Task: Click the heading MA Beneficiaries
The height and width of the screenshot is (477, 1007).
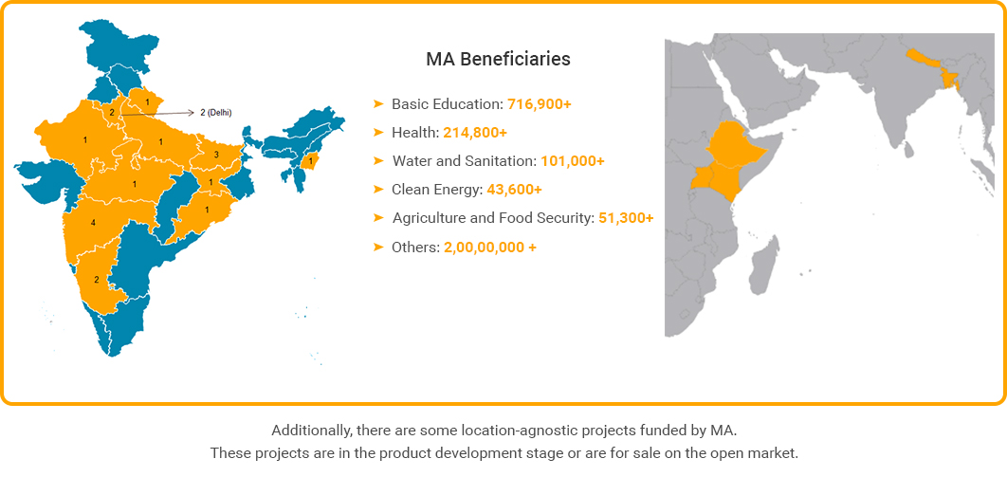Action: (x=499, y=59)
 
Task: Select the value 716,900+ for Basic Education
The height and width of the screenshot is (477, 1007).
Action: (x=539, y=104)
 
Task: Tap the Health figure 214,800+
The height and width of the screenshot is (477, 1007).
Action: (x=475, y=133)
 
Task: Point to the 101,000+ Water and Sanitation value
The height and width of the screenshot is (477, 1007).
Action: (x=573, y=161)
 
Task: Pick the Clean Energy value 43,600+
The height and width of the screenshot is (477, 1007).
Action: (x=515, y=190)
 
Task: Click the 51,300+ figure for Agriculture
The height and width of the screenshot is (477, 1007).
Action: (x=626, y=218)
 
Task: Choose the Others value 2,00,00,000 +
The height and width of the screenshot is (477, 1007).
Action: (x=490, y=248)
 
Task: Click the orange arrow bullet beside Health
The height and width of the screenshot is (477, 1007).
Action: (x=378, y=133)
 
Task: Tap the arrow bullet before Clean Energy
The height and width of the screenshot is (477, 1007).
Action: (x=378, y=190)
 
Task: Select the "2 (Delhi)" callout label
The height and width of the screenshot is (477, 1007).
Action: (x=216, y=113)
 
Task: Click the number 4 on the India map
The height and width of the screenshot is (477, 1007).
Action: (x=94, y=223)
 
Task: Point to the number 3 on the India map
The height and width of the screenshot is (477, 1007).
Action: (x=216, y=155)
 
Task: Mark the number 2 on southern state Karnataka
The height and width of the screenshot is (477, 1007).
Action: (x=97, y=280)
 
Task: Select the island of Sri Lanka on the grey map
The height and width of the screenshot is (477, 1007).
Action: (x=908, y=149)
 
